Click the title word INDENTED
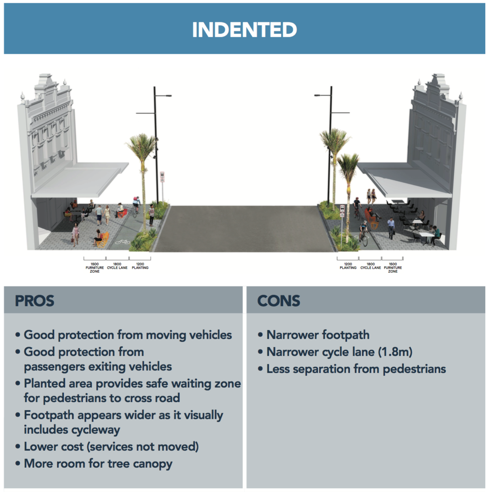[x=244, y=30]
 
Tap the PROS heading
[x=34, y=301]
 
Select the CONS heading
[x=278, y=301]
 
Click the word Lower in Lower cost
[x=39, y=447]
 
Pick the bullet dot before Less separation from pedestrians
[x=260, y=369]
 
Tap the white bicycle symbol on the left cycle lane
[x=122, y=242]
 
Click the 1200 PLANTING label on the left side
[x=140, y=266]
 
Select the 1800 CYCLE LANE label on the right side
[x=370, y=266]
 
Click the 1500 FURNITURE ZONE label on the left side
[x=95, y=267]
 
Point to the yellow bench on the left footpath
[x=103, y=239]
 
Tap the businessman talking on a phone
[x=391, y=227]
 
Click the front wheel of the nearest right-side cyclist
[x=365, y=241]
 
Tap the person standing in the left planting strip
[x=152, y=214]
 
